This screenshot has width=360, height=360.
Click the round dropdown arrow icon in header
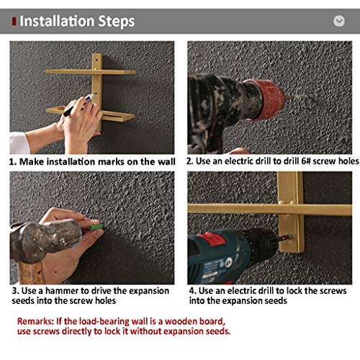339,21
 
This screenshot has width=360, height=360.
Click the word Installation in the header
57,21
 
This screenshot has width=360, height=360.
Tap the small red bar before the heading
14,22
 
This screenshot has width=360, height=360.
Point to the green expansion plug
96,227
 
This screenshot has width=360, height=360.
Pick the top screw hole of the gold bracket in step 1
96,60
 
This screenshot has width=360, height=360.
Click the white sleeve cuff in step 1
19,143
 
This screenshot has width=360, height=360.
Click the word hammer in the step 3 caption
62,291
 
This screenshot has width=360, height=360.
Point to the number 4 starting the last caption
192,291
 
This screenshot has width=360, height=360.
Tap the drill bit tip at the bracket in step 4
289,238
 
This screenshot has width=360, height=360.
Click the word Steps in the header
117,22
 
